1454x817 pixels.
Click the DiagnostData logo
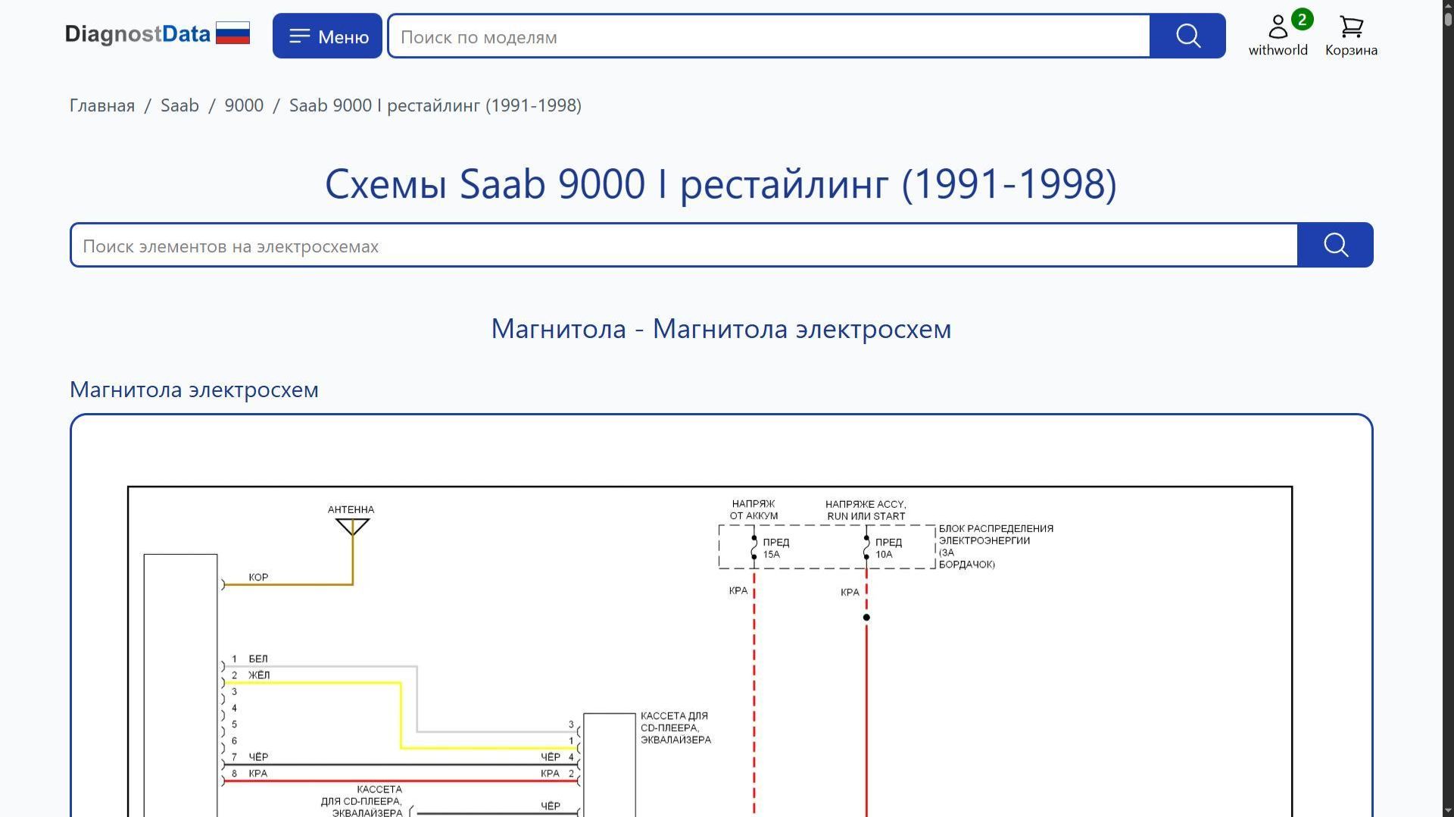[x=137, y=34]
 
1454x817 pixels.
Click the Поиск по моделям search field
[x=769, y=36]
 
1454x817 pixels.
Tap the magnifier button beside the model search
[x=1187, y=36]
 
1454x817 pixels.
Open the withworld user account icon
[x=1278, y=28]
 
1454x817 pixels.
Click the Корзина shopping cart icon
[x=1351, y=28]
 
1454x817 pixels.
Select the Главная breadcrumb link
[x=102, y=105]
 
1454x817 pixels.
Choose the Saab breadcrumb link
[x=179, y=105]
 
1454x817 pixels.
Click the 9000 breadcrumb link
[x=244, y=105]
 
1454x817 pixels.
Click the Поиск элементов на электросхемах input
[x=684, y=246]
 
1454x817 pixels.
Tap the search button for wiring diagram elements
[x=1335, y=246]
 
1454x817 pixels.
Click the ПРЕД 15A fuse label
[x=775, y=548]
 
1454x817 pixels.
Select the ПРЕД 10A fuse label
[x=888, y=548]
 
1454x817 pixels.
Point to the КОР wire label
[x=258, y=578]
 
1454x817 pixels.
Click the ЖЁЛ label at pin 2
[x=259, y=675]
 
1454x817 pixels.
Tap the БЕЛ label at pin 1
[x=257, y=659]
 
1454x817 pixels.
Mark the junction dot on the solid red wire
[x=866, y=618]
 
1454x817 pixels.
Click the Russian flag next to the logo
[x=232, y=33]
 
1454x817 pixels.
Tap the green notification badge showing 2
[x=1302, y=20]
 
